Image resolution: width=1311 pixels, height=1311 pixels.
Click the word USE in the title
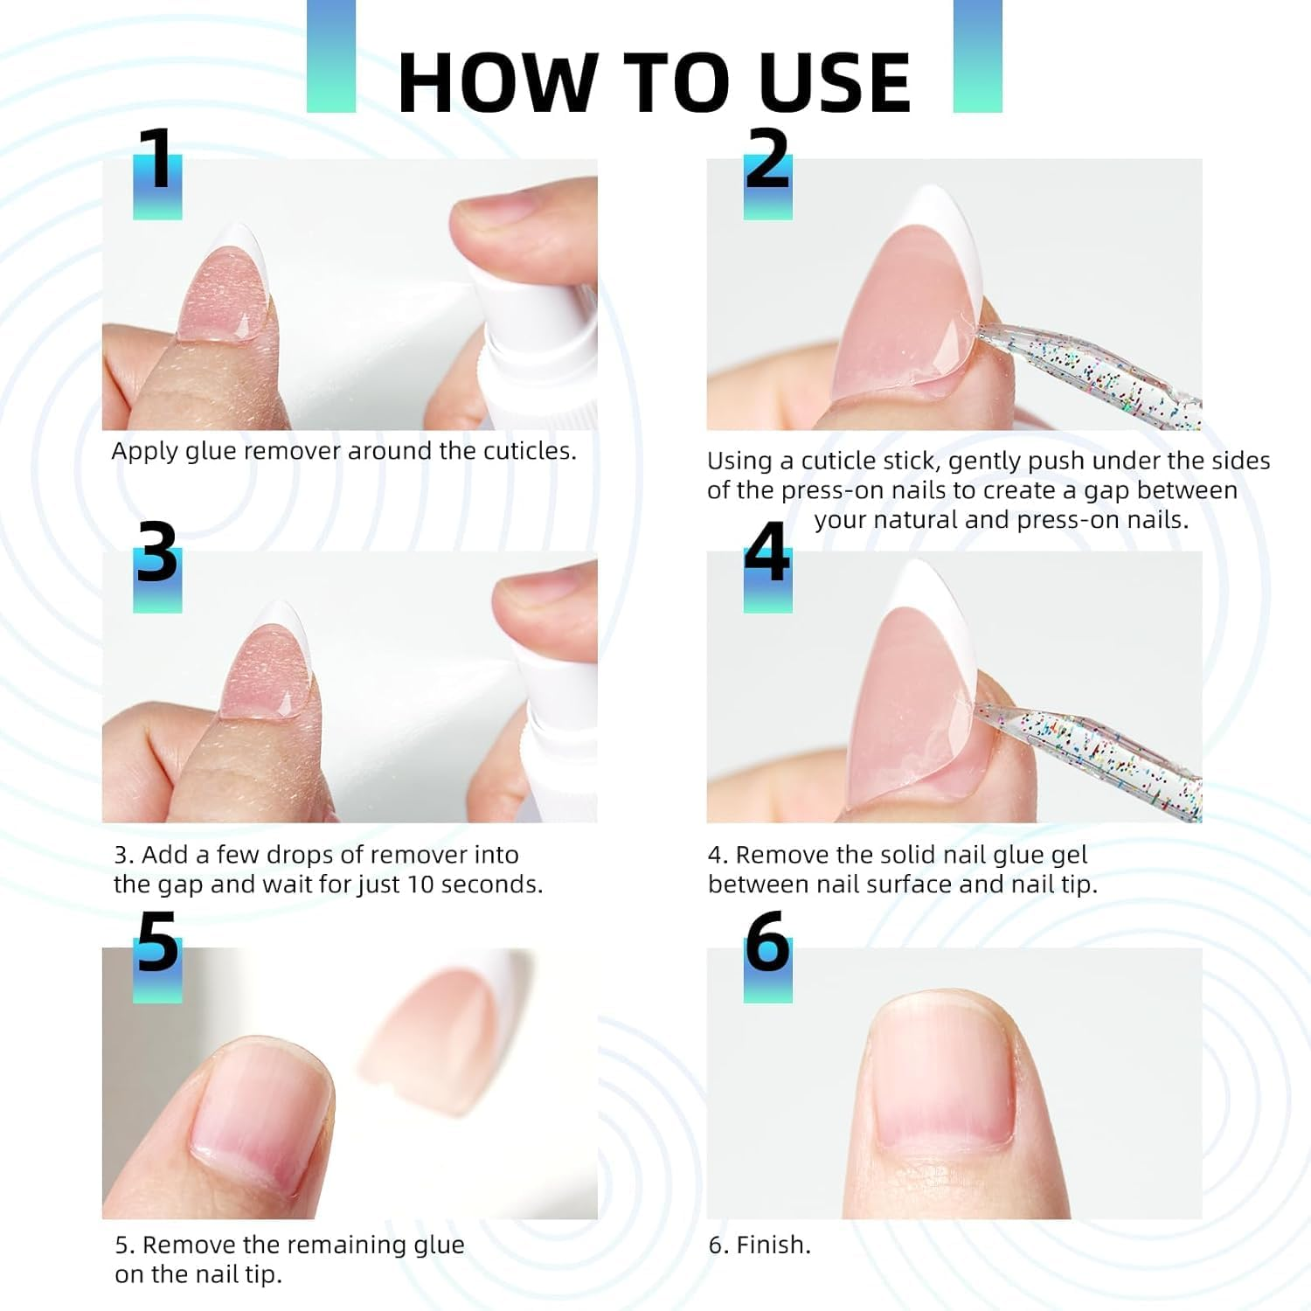835,82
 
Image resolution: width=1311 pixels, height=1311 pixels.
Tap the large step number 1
157,159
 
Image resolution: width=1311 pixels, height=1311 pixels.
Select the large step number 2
767,159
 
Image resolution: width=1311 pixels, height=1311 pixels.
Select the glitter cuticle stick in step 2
1092,371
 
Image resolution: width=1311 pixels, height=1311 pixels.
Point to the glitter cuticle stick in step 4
1092,747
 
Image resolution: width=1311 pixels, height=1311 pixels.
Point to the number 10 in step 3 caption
420,884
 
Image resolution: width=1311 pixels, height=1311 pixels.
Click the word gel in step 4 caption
1070,855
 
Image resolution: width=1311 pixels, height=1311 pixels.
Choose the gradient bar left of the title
331,56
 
